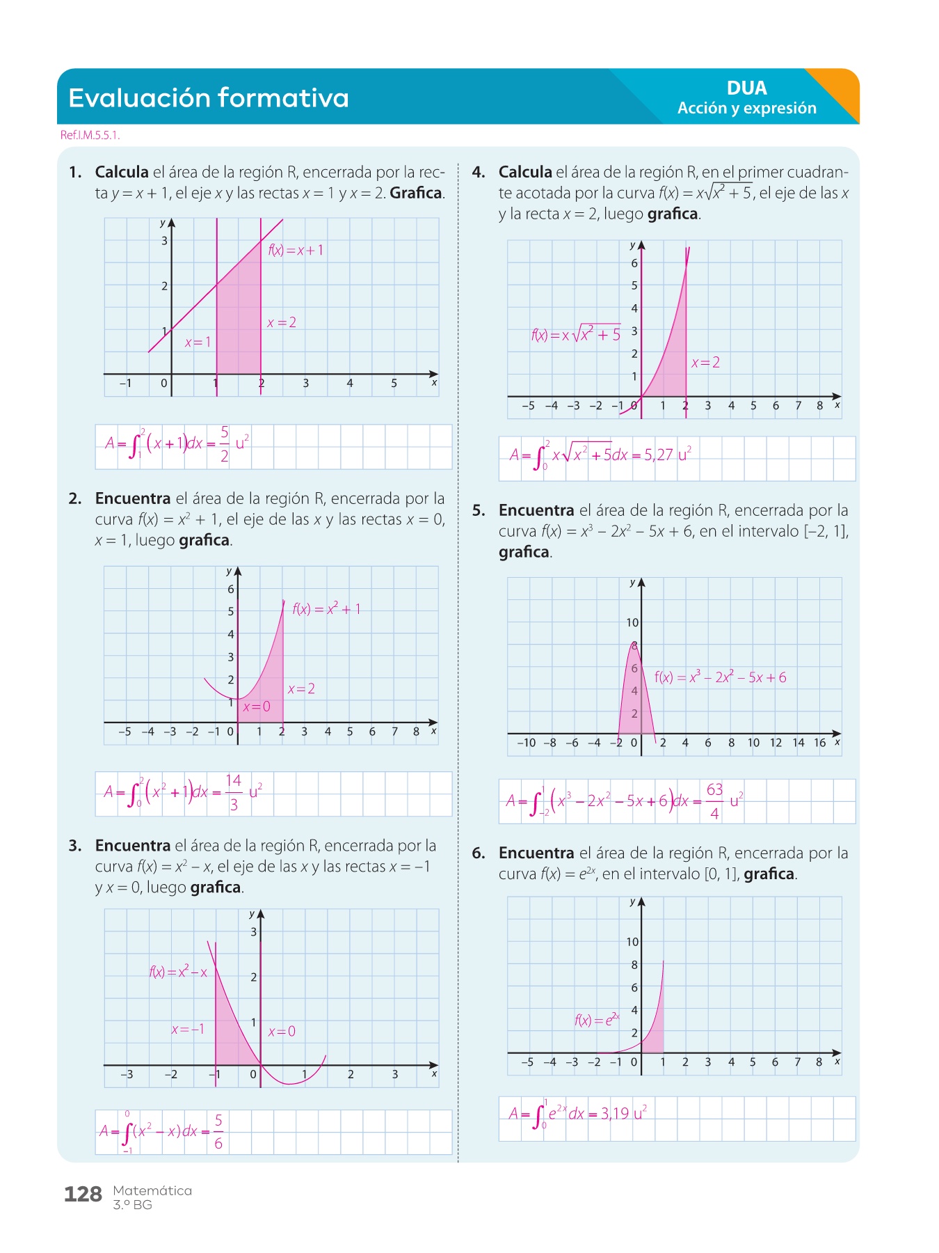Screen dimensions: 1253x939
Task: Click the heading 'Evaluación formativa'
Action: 209,98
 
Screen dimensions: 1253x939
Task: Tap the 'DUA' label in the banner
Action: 746,88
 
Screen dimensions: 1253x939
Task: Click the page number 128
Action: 83,1195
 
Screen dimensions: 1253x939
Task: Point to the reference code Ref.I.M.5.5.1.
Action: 90,135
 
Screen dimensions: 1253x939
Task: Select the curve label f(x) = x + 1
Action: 296,251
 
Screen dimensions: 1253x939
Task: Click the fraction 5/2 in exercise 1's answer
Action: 224,444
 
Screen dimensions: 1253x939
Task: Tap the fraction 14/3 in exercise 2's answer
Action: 234,792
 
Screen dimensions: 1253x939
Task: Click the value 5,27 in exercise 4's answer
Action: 658,455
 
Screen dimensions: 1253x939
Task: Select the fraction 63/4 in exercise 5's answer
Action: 714,801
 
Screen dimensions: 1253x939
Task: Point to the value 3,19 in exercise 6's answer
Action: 615,1114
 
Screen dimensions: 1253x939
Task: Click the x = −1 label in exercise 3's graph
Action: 188,1030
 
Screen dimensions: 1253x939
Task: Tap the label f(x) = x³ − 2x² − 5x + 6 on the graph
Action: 720,677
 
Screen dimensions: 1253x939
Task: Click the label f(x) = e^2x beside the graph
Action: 597,1020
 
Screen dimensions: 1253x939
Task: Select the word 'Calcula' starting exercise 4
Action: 525,172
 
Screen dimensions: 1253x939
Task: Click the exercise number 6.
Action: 478,853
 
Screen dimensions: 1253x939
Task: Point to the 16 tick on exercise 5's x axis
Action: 820,743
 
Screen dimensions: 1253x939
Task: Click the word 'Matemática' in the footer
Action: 152,1190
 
